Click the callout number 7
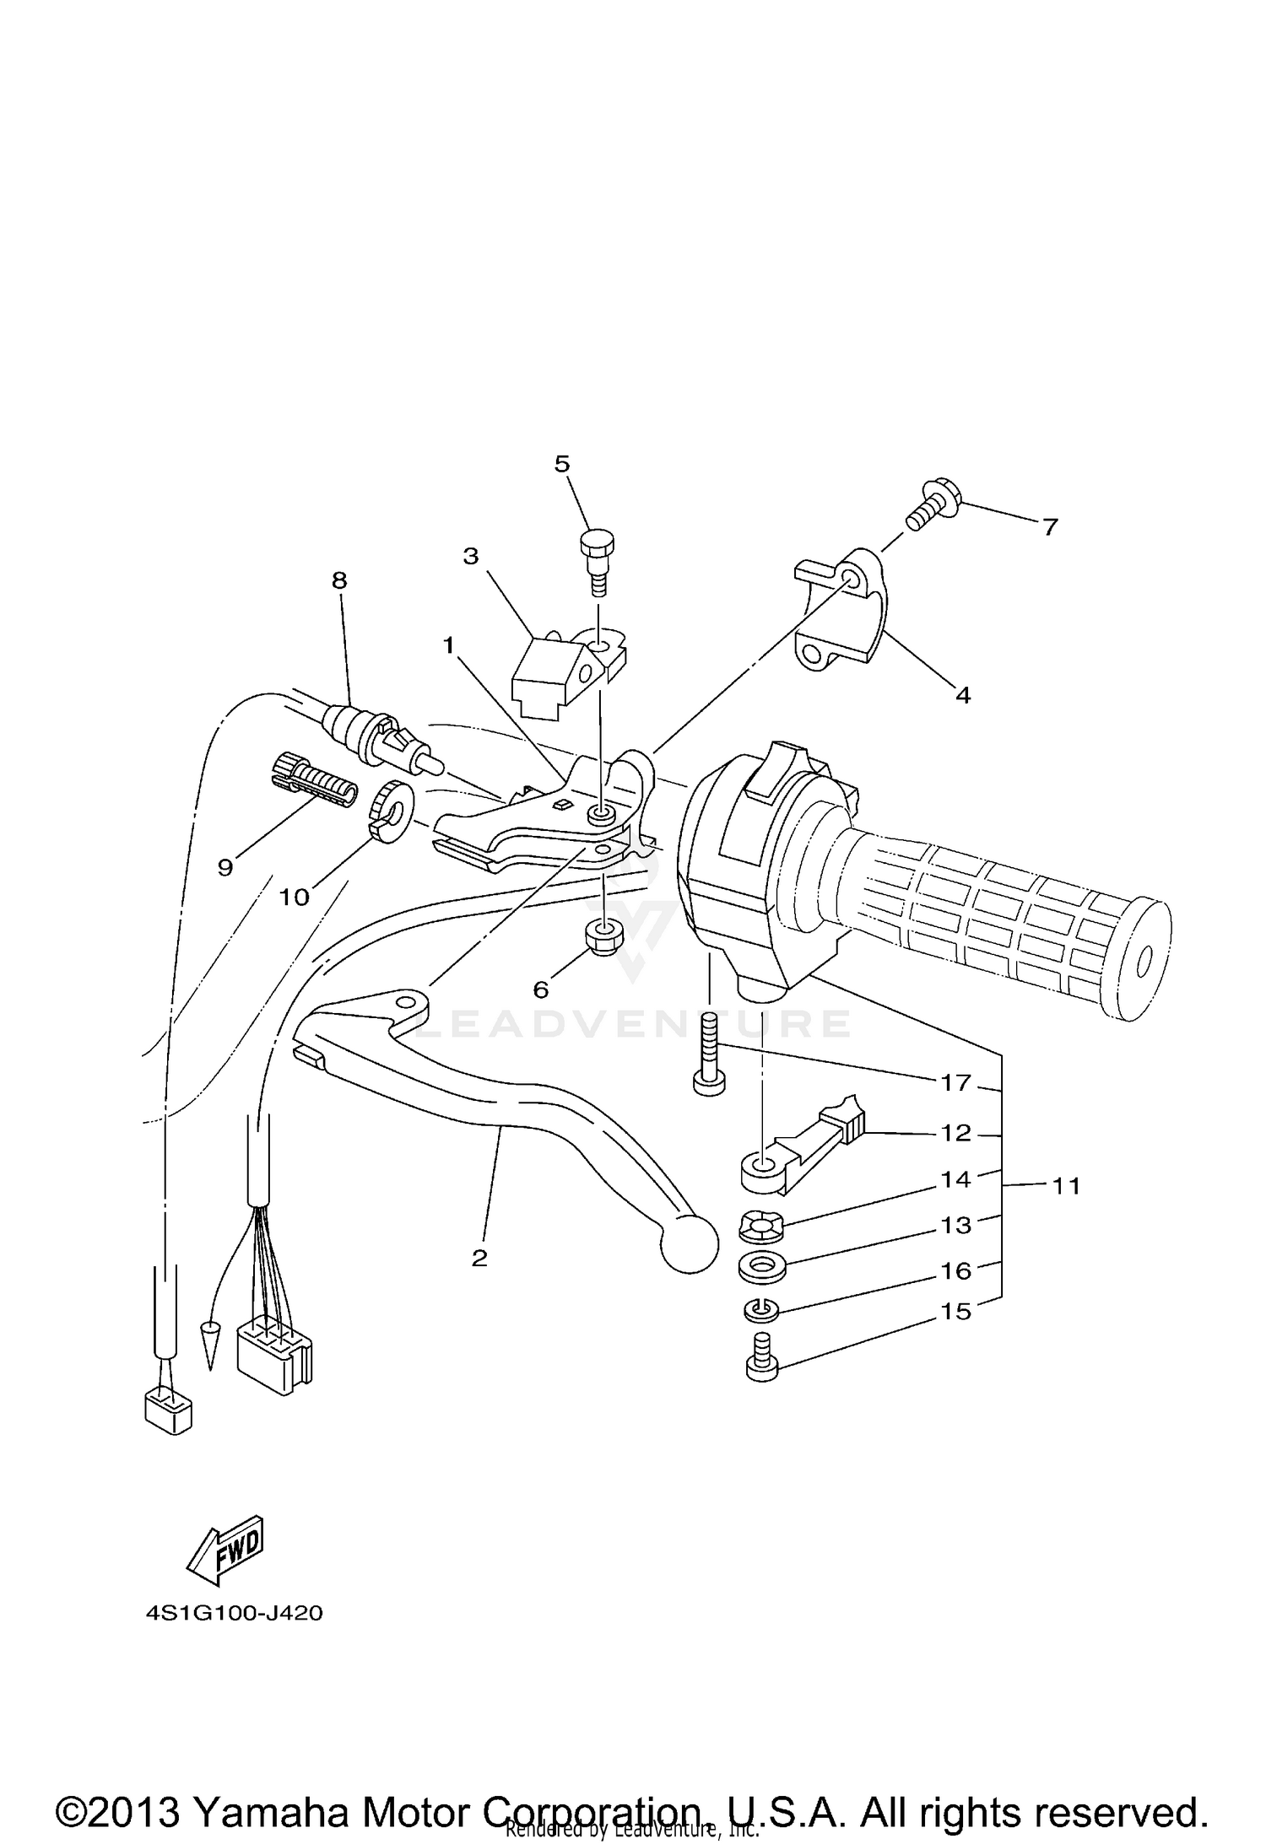(x=1049, y=527)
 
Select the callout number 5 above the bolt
(x=562, y=463)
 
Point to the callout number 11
(x=1067, y=1185)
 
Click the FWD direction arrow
(x=225, y=1552)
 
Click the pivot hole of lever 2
(x=407, y=1003)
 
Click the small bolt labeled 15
(x=762, y=1362)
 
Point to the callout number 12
(x=955, y=1132)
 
